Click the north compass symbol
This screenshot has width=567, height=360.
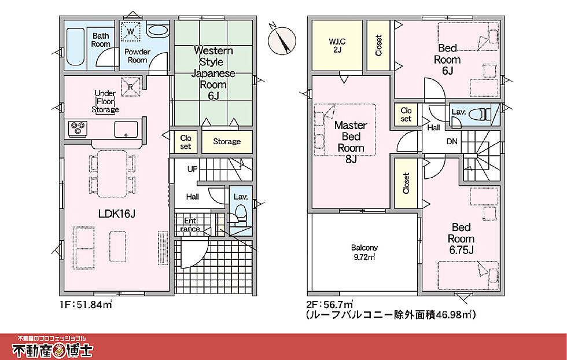coord(282,39)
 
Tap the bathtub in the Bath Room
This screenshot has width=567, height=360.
coord(76,47)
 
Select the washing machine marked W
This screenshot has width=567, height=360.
coord(131,31)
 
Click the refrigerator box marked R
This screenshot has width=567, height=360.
coord(130,87)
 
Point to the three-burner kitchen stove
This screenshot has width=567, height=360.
coord(78,128)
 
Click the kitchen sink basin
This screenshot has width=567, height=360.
coord(126,129)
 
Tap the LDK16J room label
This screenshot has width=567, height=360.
coord(117,214)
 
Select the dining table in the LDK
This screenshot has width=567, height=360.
coord(112,174)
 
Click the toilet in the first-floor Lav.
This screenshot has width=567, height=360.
coord(240,213)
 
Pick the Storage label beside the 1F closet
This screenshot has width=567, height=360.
coord(227,141)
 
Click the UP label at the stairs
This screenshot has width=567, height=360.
coord(192,169)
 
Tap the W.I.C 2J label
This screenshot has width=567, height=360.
coord(337,45)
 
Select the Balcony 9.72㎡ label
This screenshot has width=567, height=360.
coord(364,252)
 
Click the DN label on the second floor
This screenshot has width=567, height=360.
coord(452,141)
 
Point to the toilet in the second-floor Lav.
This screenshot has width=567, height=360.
coord(480,115)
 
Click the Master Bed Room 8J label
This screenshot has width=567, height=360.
coord(351,142)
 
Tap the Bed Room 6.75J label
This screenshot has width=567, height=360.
coord(461,238)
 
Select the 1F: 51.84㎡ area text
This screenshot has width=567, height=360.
coord(86,304)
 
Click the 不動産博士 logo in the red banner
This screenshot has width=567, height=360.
coord(53,347)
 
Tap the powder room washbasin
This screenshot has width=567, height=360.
coord(157,31)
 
